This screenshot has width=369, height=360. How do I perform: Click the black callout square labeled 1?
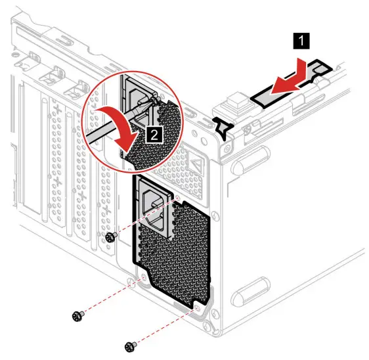coord(301,42)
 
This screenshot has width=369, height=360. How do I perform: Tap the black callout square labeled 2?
coord(154,135)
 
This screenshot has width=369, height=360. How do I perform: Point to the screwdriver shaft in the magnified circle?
coord(108,124)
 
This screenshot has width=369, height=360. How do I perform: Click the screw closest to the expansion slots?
coord(111,236)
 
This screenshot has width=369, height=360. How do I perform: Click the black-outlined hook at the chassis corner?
coord(223,127)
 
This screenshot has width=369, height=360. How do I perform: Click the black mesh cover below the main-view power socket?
coord(177,263)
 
